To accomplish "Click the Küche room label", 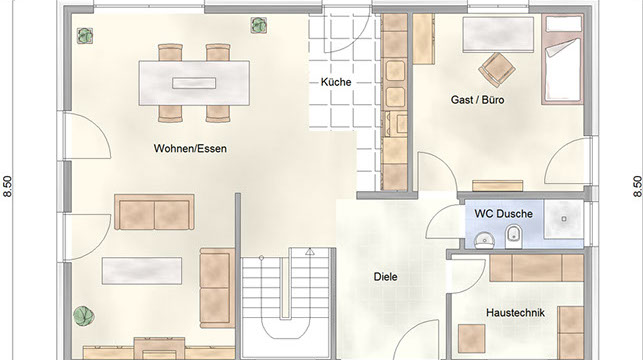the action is click(336, 82).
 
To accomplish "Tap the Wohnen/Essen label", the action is click(190, 148).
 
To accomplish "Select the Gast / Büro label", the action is click(477, 100).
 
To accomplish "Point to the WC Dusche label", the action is click(504, 214).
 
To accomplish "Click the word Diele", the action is click(385, 277).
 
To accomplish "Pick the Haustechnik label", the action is click(515, 313).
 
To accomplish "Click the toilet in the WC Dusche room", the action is click(513, 237).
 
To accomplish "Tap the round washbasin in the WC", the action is click(485, 240).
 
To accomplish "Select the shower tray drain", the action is click(564, 219).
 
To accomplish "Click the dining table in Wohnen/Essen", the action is click(194, 83).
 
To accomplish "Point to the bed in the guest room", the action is click(563, 59).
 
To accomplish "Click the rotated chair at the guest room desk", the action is click(497, 70).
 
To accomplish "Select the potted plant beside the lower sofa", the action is click(84, 316).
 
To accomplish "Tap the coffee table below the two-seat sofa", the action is click(142, 271).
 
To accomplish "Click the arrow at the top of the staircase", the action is click(310, 252).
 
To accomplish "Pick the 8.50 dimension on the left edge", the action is click(8, 187).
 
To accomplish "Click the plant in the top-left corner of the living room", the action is click(85, 36).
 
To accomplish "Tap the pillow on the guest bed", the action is click(564, 25).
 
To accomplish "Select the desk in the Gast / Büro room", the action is click(498, 35).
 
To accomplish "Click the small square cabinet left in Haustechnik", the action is click(472, 339).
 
